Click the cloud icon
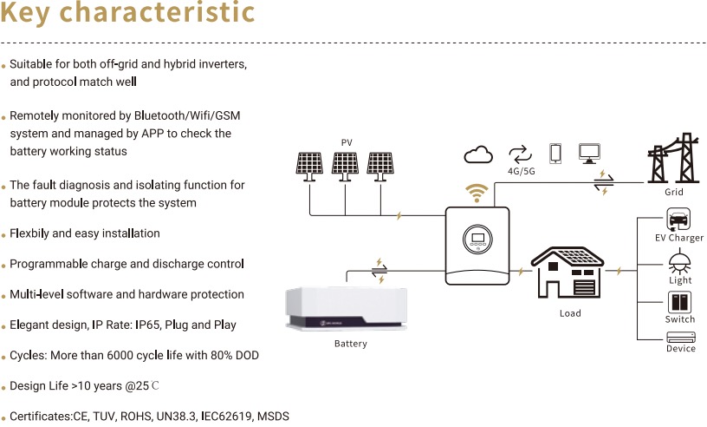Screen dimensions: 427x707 (478, 154)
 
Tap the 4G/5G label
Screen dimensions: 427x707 (522, 172)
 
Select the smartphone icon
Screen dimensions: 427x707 (555, 154)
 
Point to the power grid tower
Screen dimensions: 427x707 (674, 159)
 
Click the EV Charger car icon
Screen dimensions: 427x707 (678, 219)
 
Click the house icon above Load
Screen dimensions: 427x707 (569, 273)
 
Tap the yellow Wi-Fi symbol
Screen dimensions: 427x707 (477, 192)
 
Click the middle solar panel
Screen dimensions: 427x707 (345, 165)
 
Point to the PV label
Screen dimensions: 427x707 (347, 142)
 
